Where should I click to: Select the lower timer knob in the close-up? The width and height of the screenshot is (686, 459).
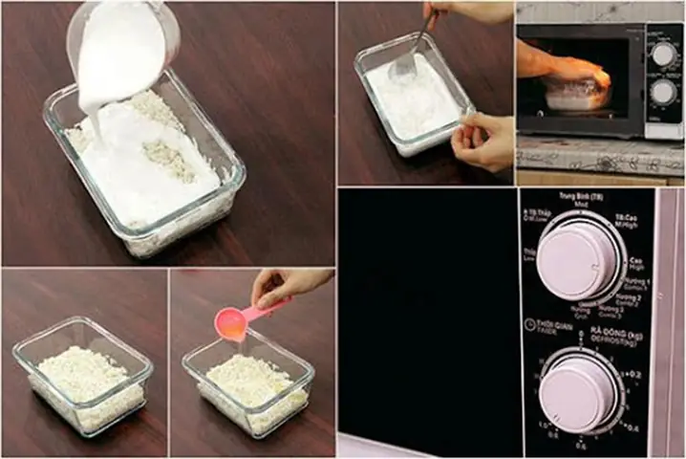point(579,393)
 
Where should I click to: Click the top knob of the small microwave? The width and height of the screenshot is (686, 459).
point(663,55)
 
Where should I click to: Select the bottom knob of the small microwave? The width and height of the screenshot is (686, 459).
point(663,92)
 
